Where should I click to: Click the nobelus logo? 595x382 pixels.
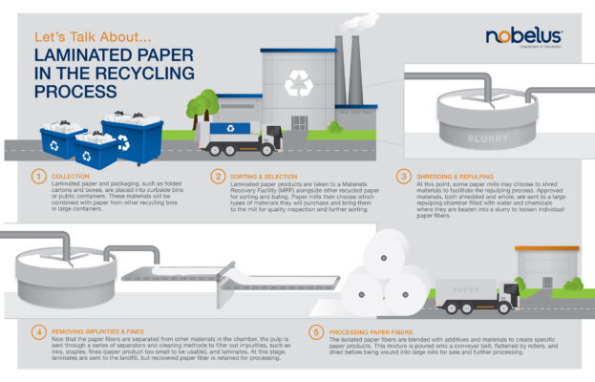coord(523,37)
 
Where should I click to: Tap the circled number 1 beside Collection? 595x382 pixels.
coord(39,177)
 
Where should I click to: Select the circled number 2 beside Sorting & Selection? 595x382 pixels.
coord(217,177)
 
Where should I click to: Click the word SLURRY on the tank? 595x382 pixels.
coord(488,139)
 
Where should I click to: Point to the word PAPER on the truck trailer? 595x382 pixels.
coord(466,289)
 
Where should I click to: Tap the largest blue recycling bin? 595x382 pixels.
coord(130,138)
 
